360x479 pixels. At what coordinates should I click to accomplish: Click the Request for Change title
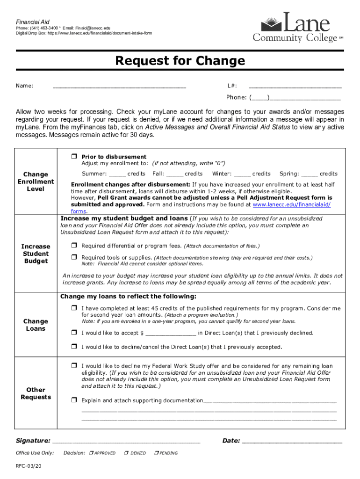[x=180, y=61]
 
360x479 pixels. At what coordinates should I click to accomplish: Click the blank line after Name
[x=119, y=86]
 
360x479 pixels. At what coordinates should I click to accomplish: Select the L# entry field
[x=295, y=86]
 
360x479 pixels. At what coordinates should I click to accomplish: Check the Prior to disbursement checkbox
[x=74, y=156]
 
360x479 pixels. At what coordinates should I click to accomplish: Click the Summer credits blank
[x=117, y=174]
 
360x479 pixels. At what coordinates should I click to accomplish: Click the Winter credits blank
[x=242, y=174]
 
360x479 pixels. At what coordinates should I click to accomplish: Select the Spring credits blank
[x=310, y=174]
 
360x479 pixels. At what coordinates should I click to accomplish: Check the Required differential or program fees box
[x=74, y=246]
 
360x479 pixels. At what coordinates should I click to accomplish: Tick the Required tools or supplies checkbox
[x=74, y=257]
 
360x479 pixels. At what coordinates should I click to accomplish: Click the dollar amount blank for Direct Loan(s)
[x=171, y=334]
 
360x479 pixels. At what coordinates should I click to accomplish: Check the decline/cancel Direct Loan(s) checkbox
[x=74, y=347]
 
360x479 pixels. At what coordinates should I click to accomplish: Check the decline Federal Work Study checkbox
[x=74, y=366]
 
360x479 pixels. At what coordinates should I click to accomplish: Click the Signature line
[x=126, y=441]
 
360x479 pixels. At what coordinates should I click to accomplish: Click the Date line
[x=292, y=441]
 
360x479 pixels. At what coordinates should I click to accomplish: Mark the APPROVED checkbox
[x=91, y=453]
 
